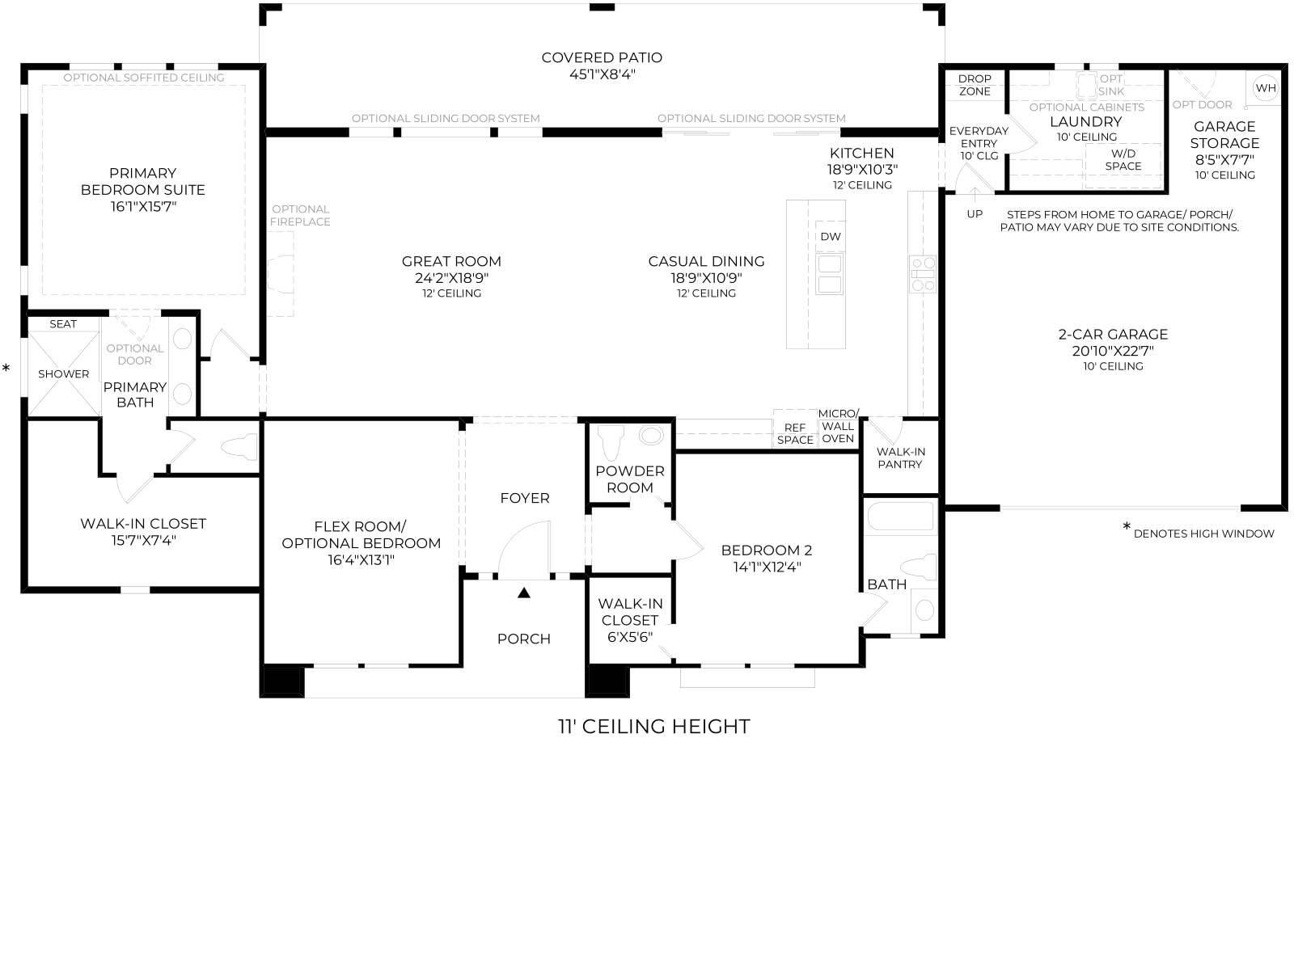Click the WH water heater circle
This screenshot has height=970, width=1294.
[1265, 88]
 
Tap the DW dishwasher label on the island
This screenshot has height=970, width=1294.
[830, 237]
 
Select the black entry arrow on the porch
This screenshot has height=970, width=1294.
[523, 593]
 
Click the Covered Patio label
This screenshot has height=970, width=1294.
[602, 57]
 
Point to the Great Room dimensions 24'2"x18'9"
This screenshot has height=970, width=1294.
[451, 278]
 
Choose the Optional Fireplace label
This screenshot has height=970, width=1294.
[301, 216]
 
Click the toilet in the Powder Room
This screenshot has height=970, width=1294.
[611, 441]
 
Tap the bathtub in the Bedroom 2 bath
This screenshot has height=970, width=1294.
[899, 517]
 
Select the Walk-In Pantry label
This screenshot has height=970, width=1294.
[900, 458]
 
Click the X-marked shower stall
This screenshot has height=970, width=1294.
[64, 373]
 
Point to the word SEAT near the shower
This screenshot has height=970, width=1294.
[63, 324]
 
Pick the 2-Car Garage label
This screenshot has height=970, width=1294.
[1113, 335]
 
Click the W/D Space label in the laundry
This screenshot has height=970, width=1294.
[1123, 160]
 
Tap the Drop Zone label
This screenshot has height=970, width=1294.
[975, 86]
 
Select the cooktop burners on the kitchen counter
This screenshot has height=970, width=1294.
[923, 274]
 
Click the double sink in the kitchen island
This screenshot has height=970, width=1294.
[830, 274]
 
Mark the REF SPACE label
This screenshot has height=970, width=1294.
[795, 434]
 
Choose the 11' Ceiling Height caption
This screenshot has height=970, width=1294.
[653, 727]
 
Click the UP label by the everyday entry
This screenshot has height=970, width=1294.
[975, 214]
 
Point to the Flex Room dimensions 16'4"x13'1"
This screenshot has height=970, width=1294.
[361, 560]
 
